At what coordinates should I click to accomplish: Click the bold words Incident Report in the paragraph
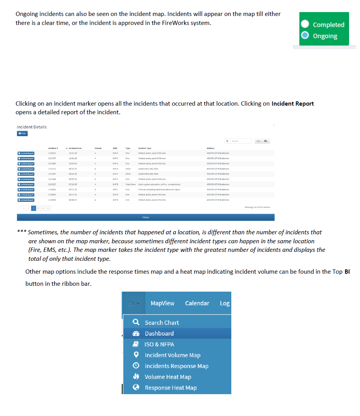point(293,104)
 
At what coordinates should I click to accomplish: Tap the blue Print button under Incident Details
point(22,133)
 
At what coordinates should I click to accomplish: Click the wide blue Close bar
point(145,217)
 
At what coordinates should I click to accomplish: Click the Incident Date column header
point(75,148)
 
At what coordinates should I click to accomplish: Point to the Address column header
point(211,148)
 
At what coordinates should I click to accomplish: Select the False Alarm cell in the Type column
point(130,184)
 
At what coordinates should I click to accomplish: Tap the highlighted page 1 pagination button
point(34,209)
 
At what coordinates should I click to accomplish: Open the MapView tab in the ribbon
point(162,303)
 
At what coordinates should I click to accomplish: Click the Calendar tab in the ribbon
point(197,303)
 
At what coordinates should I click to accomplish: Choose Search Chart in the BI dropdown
point(161,322)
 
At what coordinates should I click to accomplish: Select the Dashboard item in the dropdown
point(159,333)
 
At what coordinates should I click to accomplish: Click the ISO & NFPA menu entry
point(159,344)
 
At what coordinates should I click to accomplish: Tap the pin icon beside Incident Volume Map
point(136,355)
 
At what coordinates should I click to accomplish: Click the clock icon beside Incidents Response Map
point(136,366)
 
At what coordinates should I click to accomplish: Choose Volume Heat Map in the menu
point(168,377)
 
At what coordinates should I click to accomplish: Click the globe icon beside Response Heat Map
point(136,388)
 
